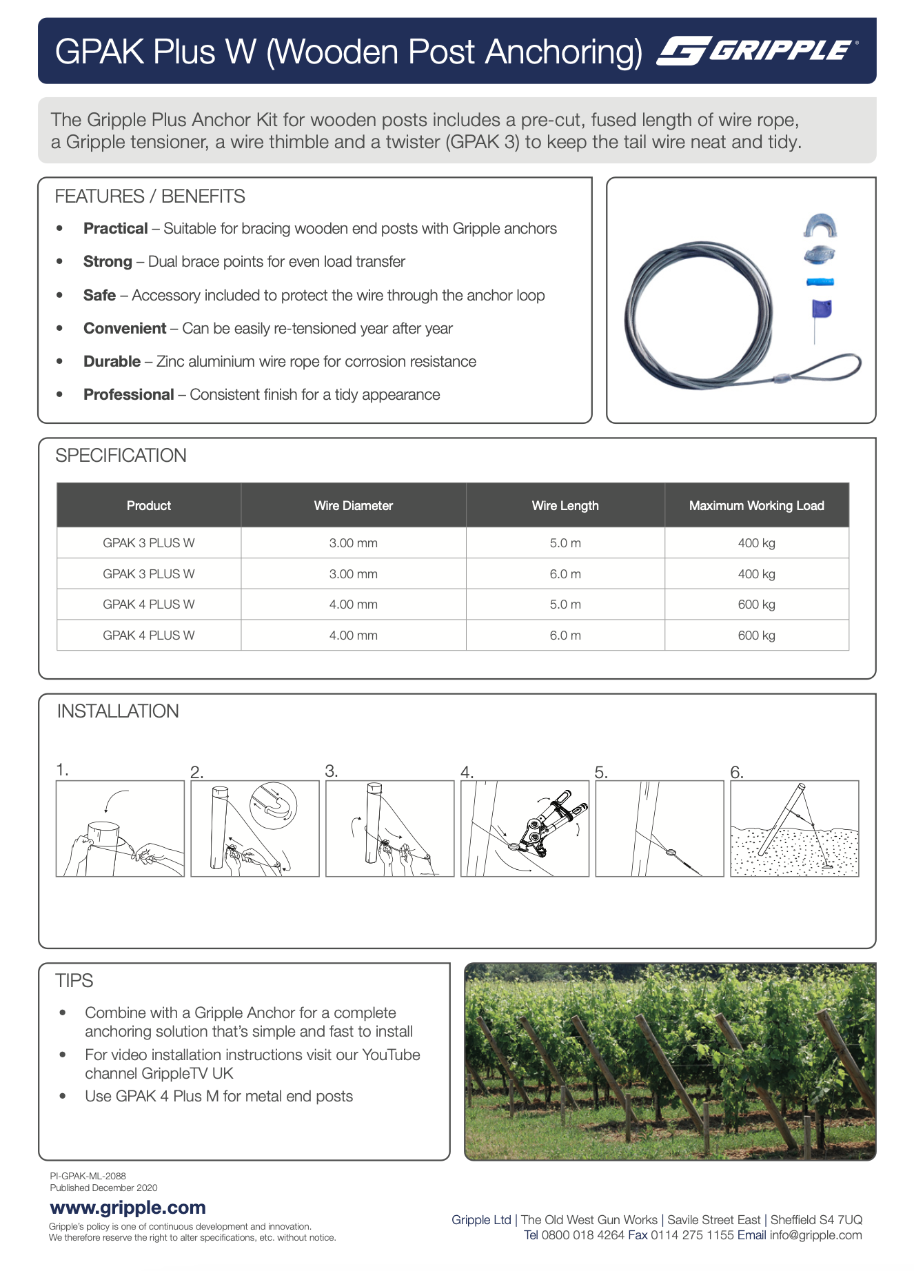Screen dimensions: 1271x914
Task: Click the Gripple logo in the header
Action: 757,51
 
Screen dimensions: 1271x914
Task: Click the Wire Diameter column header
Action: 353,505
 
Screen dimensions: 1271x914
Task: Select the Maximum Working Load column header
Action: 756,505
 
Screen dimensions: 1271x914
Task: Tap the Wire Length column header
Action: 565,505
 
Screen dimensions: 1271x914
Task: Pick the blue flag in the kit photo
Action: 821,308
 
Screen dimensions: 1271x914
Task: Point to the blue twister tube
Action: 820,281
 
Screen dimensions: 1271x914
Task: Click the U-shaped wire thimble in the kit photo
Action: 820,226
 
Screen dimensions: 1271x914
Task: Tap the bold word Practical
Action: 115,228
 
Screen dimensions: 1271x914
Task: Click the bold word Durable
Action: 112,361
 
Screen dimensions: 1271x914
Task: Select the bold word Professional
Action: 128,394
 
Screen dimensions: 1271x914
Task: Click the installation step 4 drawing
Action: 525,828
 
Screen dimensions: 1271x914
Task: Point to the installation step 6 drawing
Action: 794,828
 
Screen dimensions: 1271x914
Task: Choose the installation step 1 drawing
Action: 120,828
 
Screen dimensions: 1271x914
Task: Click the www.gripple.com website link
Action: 128,1208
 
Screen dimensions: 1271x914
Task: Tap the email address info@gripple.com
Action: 815,1234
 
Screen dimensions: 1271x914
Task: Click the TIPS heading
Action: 74,980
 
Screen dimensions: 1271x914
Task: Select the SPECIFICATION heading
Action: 121,455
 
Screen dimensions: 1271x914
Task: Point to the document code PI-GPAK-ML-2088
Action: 88,1176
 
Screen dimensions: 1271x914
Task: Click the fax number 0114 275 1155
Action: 692,1234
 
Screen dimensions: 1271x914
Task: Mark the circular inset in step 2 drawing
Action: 274,805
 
